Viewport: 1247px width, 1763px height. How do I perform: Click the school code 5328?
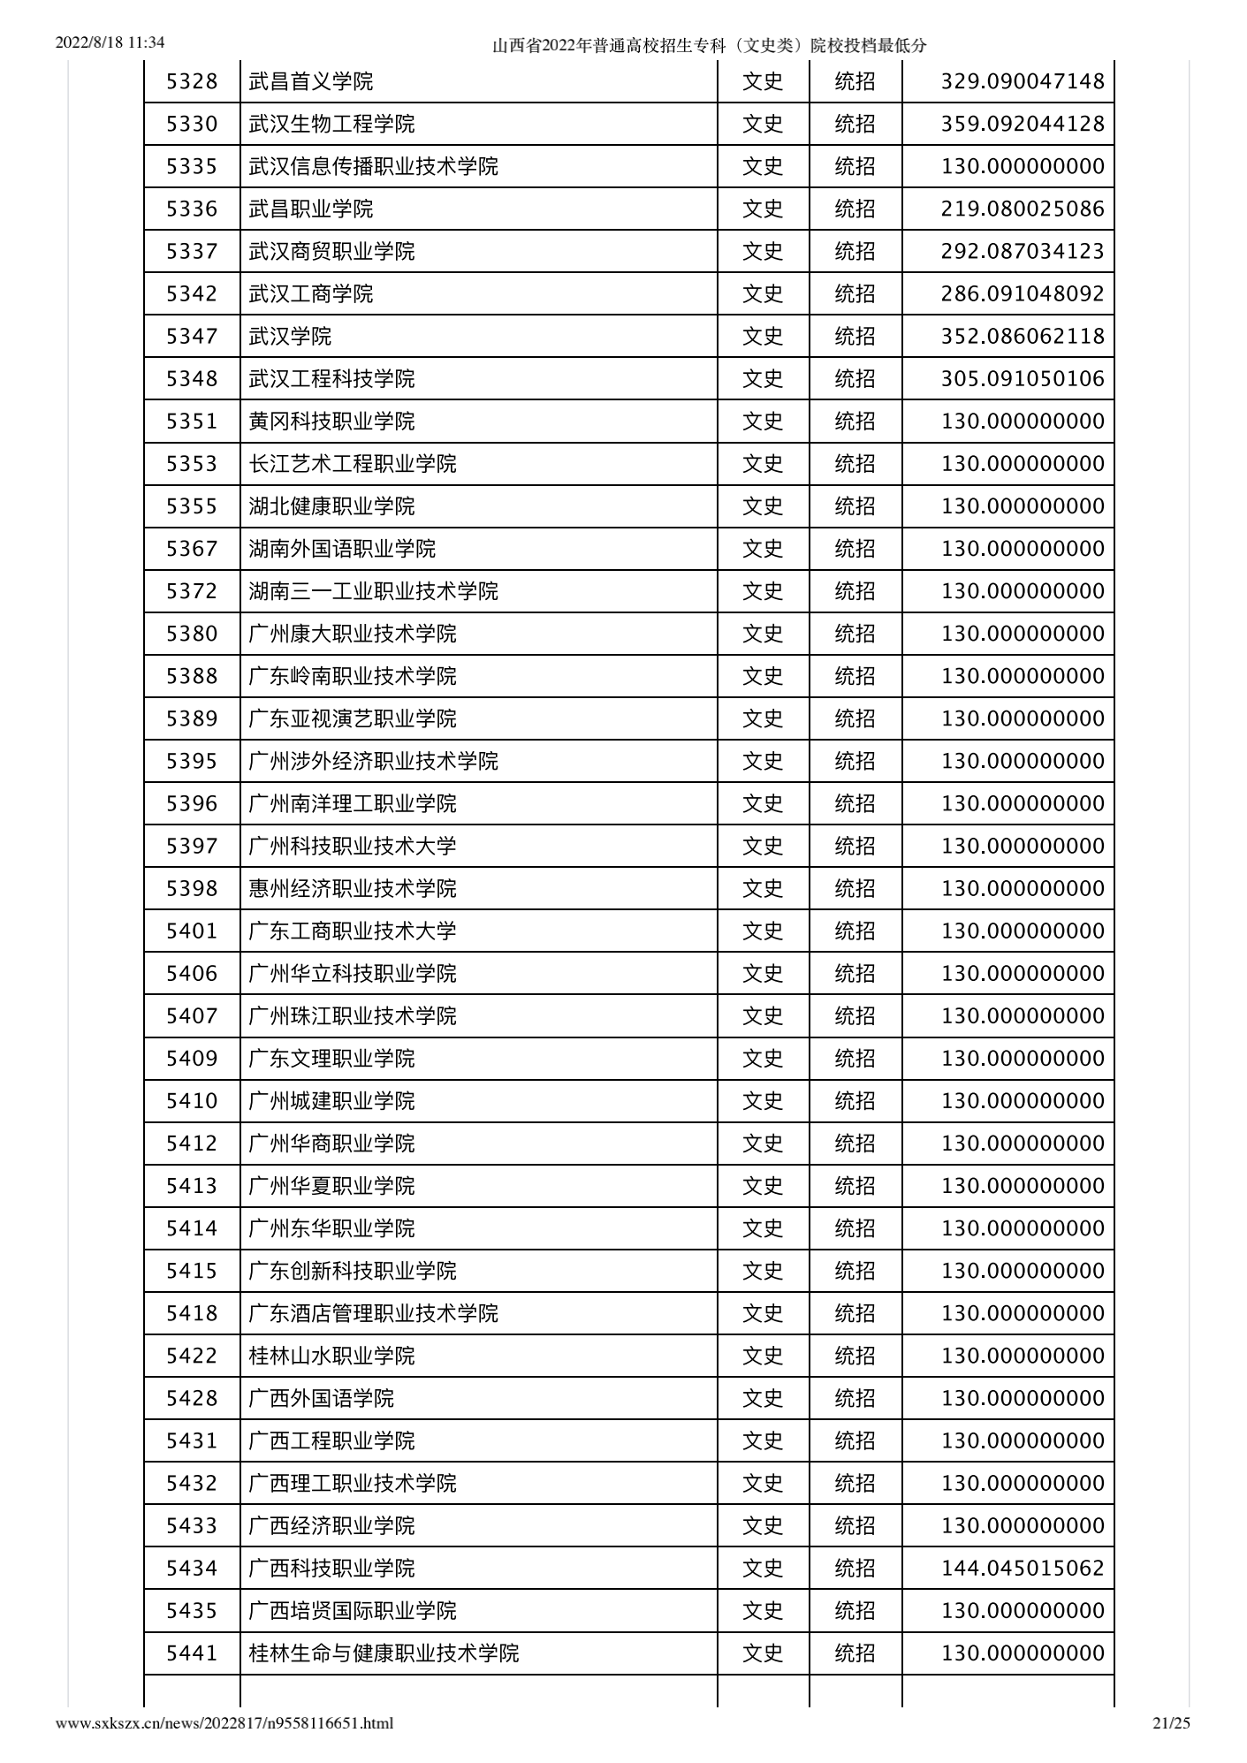click(x=192, y=82)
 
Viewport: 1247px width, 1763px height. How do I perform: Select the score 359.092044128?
click(x=1023, y=125)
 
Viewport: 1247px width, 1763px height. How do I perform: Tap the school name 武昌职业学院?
click(x=311, y=209)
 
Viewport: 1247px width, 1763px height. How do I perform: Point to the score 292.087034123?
click(x=1023, y=252)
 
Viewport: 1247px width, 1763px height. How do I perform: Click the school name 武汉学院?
click(x=290, y=337)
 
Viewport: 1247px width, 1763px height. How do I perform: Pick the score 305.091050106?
click(x=1023, y=379)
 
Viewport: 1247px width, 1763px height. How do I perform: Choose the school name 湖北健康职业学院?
click(x=331, y=506)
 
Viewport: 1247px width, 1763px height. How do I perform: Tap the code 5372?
click(x=192, y=591)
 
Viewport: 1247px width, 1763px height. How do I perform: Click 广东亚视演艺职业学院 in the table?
click(x=353, y=718)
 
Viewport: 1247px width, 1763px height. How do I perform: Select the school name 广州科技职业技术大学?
click(x=353, y=846)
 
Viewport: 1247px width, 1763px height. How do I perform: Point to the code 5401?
click(x=192, y=931)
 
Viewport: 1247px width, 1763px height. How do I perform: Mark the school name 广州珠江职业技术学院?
click(x=353, y=1016)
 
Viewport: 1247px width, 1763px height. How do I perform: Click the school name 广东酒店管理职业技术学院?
click(x=373, y=1313)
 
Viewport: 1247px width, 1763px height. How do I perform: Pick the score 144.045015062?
click(x=1023, y=1568)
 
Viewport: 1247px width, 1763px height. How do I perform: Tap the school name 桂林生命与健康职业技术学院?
click(x=384, y=1653)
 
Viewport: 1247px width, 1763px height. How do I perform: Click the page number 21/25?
click(x=1172, y=1722)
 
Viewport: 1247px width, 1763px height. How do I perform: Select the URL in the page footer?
click(x=224, y=1722)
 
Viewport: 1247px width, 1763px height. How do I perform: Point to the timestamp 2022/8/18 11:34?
click(x=110, y=42)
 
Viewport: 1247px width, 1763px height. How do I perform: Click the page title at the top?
click(x=709, y=46)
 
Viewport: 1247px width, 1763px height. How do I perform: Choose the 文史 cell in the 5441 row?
click(x=763, y=1653)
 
